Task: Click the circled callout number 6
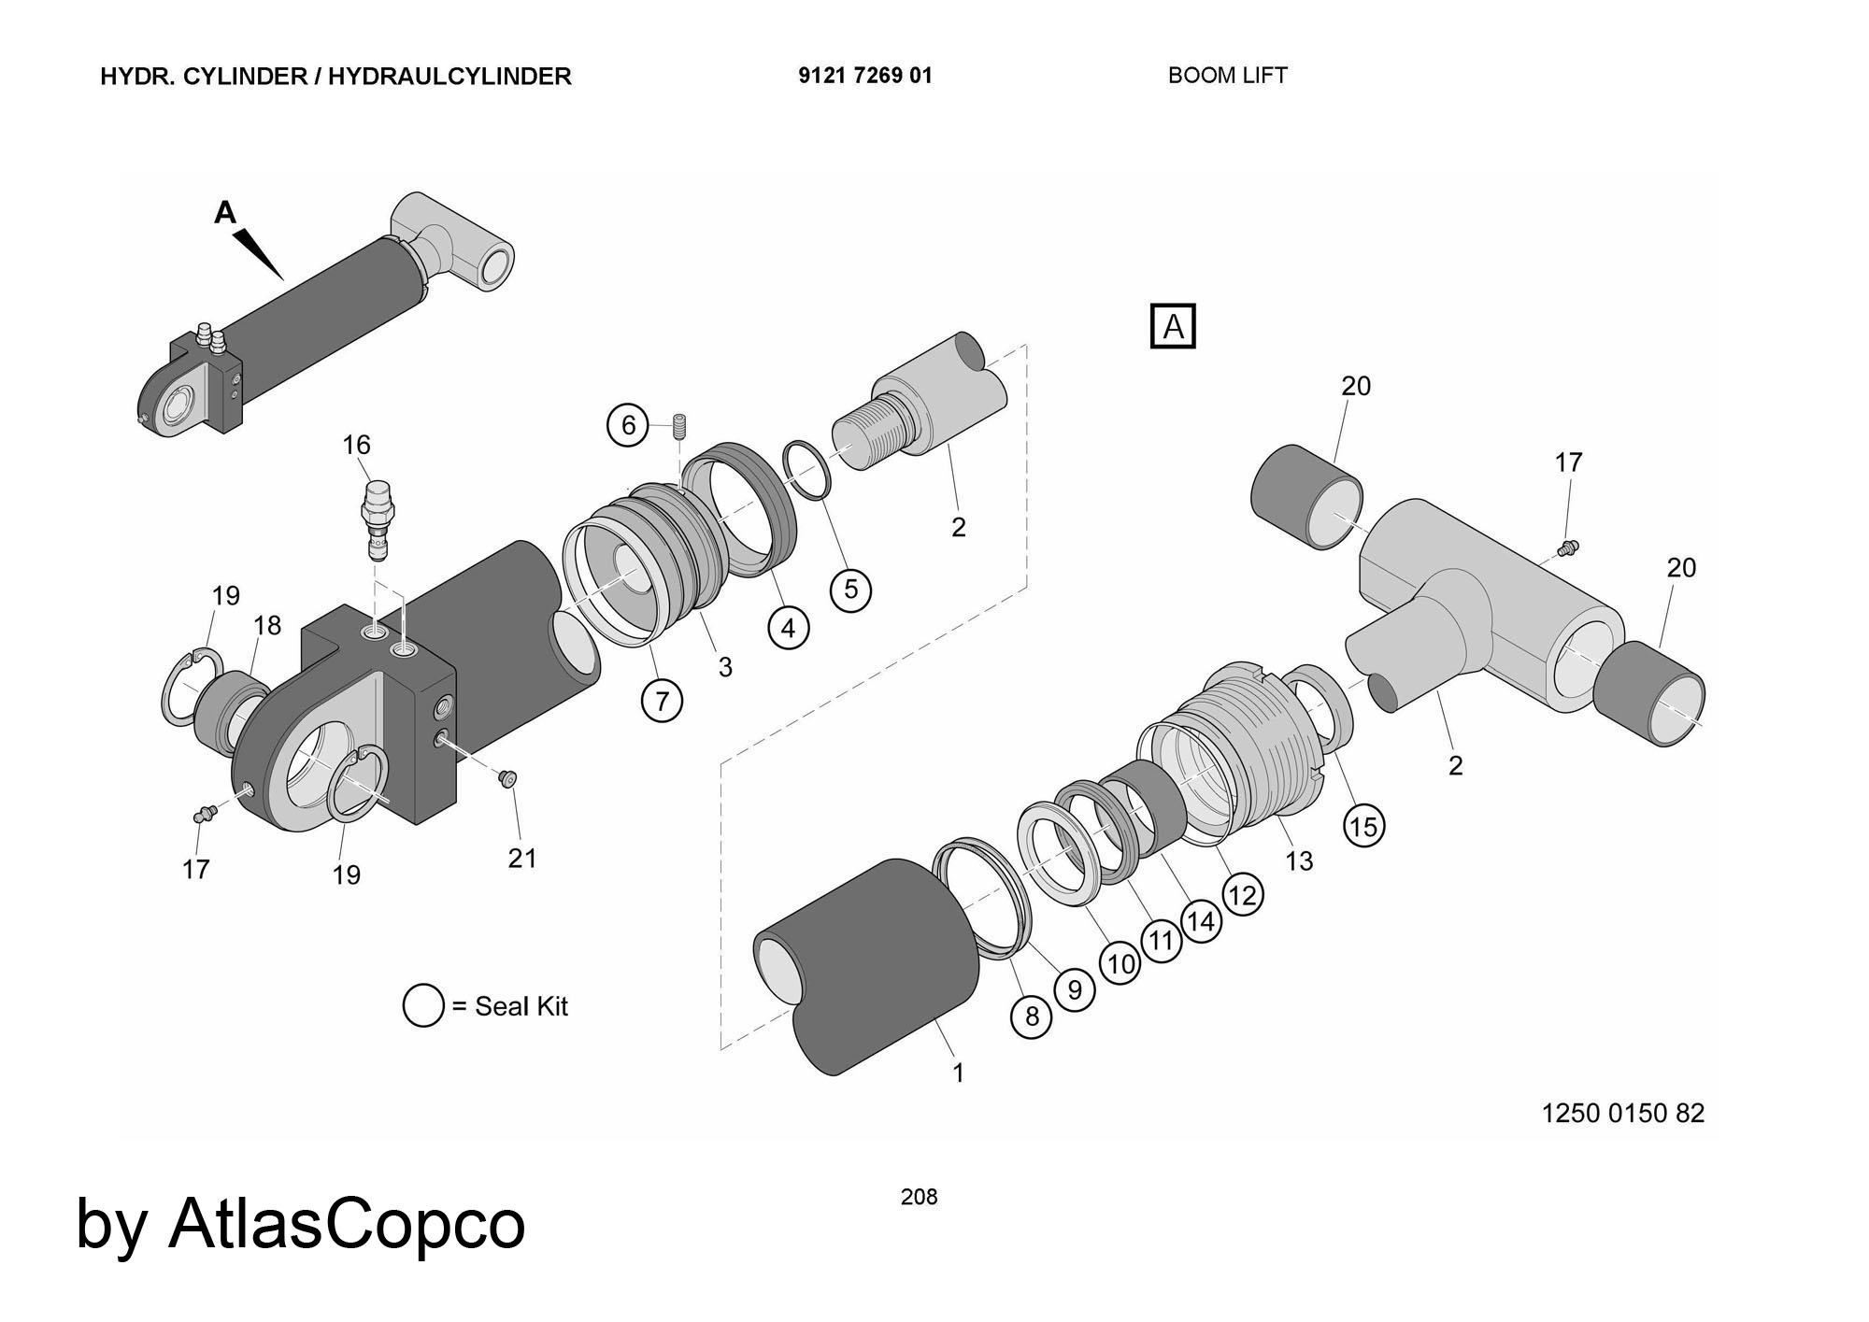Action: pyautogui.click(x=628, y=426)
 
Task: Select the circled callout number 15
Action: pyautogui.click(x=1363, y=826)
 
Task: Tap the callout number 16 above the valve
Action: pyautogui.click(x=356, y=445)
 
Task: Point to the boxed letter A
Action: pyautogui.click(x=1173, y=327)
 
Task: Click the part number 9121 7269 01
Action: pyautogui.click(x=864, y=76)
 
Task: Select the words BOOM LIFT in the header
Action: pyautogui.click(x=1227, y=76)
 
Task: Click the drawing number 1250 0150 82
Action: pyautogui.click(x=1622, y=1113)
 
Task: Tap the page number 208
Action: pyautogui.click(x=919, y=1197)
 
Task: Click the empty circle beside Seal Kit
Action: pyautogui.click(x=423, y=1006)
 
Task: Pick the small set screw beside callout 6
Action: pyautogui.click(x=679, y=427)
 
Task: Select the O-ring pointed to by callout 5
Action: pyautogui.click(x=806, y=470)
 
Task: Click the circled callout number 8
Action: pyautogui.click(x=1032, y=1016)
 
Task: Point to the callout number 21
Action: pyautogui.click(x=522, y=858)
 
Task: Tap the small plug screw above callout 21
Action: pyautogui.click(x=508, y=777)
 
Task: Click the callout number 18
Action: pyautogui.click(x=267, y=625)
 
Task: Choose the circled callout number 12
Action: pyautogui.click(x=1242, y=895)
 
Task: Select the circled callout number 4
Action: pyautogui.click(x=788, y=628)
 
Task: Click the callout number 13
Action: pyautogui.click(x=1299, y=860)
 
